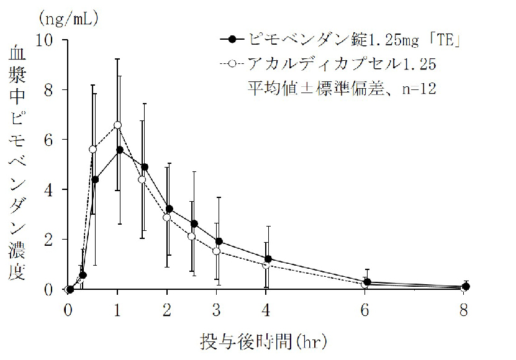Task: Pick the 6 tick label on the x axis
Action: [366, 308]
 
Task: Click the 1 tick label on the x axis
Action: [118, 308]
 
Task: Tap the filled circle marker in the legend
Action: [232, 40]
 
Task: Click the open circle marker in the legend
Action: [232, 64]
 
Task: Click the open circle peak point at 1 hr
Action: [118, 125]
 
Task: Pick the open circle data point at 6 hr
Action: [365, 284]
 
